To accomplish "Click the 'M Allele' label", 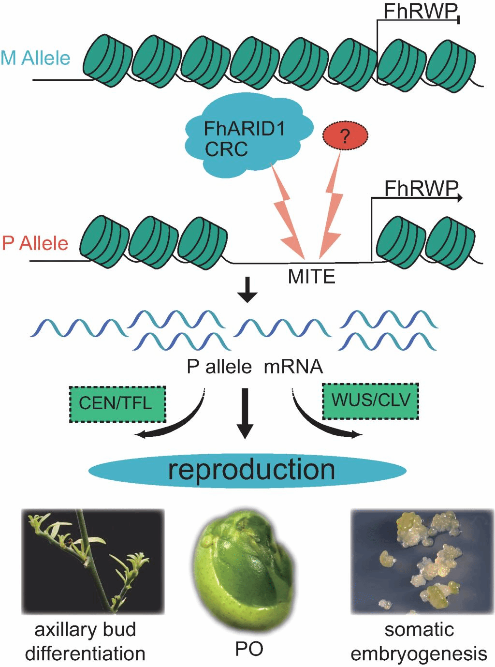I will coord(35,58).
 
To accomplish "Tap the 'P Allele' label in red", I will coord(35,243).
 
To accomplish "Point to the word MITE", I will coord(311,277).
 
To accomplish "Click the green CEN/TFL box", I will coord(117,403).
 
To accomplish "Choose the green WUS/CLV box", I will coord(370,400).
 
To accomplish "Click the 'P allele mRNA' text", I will coord(255,367).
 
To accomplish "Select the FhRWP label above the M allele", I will coord(420,11).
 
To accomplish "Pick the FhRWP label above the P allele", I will coord(421,189).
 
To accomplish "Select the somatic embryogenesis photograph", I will coord(422,561).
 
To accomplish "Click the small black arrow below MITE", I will coord(247,290).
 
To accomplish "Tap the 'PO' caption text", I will coord(249,648).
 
